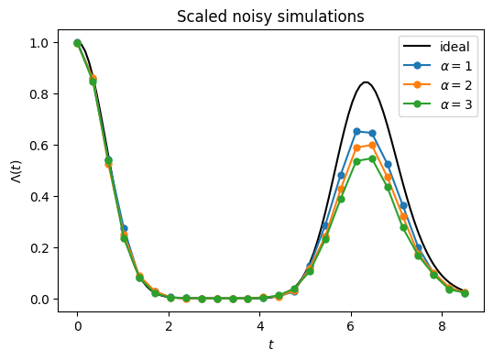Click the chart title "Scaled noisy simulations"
click(x=270, y=16)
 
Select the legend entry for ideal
click(x=437, y=47)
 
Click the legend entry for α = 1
click(x=438, y=66)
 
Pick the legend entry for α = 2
click(x=438, y=85)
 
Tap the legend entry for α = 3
click(x=438, y=104)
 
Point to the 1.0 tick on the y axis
click(x=39, y=43)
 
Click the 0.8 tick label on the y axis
click(x=39, y=94)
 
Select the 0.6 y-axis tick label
click(x=39, y=146)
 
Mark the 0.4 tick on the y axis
click(x=39, y=197)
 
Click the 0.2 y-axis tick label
click(x=39, y=247)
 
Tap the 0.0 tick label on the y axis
click(x=39, y=300)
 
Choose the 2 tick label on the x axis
click(x=169, y=326)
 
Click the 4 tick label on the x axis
click(x=260, y=326)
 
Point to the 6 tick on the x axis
click(x=351, y=326)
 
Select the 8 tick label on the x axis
click(x=442, y=326)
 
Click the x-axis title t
click(x=270, y=345)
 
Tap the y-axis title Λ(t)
click(x=16, y=171)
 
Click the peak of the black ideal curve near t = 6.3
click(x=366, y=82)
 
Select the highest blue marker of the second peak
click(x=356, y=131)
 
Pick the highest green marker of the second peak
click(x=372, y=159)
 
